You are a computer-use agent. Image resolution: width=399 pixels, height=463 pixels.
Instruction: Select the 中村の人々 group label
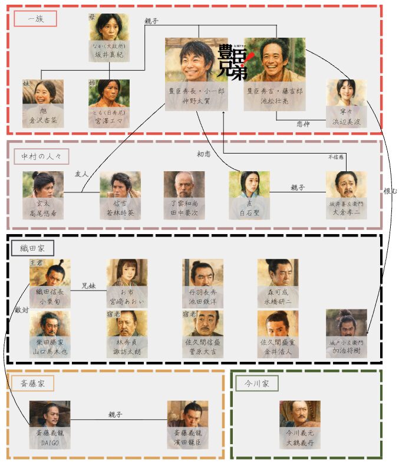click(41, 156)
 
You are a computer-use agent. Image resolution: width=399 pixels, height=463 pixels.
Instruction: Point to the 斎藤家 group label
click(32, 384)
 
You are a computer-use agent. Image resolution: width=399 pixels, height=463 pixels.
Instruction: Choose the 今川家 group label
click(257, 384)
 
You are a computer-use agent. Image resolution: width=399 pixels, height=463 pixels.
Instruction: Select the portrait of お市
click(127, 274)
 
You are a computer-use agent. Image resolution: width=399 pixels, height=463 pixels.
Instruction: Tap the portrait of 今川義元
click(300, 417)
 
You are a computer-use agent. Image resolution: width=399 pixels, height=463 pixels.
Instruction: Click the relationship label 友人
click(81, 174)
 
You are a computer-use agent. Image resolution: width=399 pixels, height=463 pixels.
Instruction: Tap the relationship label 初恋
click(204, 155)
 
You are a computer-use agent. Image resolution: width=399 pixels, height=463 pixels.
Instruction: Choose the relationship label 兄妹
click(88, 285)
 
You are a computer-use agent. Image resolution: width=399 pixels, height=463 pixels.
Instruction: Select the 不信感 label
click(335, 157)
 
